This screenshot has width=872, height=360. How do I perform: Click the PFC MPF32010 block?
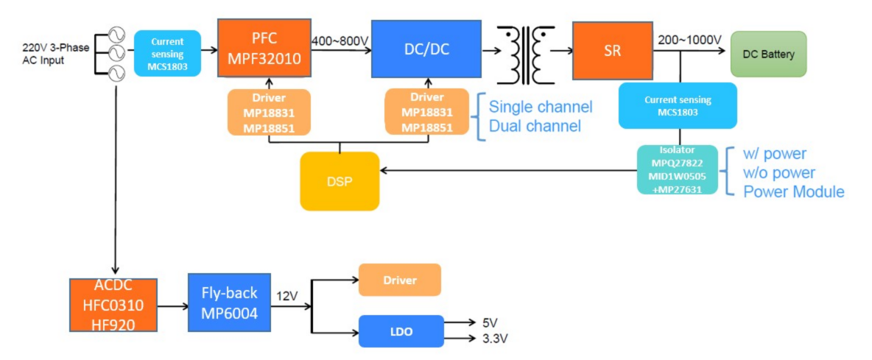click(x=264, y=49)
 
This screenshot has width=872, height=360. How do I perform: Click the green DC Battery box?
click(x=768, y=54)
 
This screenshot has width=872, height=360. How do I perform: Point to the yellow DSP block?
click(x=340, y=181)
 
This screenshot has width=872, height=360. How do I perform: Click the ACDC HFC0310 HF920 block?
click(x=113, y=305)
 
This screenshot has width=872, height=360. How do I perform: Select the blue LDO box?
click(x=401, y=331)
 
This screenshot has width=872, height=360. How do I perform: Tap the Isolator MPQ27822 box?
click(x=677, y=169)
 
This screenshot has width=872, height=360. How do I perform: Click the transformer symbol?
click(x=525, y=54)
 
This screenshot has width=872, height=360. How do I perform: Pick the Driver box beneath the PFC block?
click(x=270, y=112)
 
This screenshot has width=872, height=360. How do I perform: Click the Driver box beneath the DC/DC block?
click(x=427, y=112)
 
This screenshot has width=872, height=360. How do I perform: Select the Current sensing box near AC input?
click(x=167, y=53)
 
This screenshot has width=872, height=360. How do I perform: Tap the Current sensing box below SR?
click(x=677, y=105)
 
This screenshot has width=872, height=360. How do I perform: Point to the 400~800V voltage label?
click(x=340, y=41)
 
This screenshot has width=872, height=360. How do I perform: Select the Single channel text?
click(x=541, y=107)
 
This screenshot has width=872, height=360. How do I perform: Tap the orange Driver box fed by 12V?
click(x=399, y=280)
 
